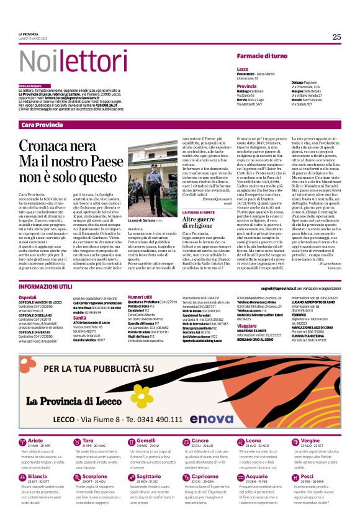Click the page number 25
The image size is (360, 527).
tap(336, 37)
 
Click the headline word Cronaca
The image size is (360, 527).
tap(49, 146)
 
